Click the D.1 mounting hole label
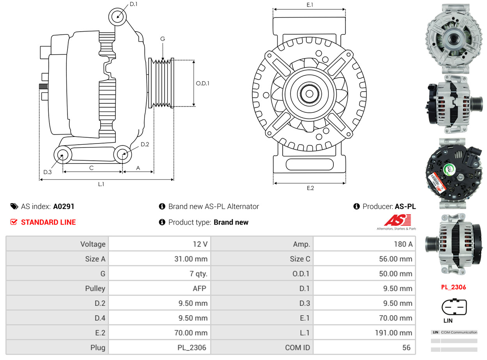[133, 4]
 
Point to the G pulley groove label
[163, 39]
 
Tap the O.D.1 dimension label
[202, 83]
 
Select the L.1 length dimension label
[101, 184]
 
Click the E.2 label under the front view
[310, 188]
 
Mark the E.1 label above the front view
[310, 5]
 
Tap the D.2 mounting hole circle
[123, 154]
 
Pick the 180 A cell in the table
[404, 244]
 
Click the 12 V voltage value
[200, 244]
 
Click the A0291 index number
[64, 206]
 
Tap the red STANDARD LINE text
[48, 222]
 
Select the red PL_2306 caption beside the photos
[453, 287]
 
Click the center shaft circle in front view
[310, 94]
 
